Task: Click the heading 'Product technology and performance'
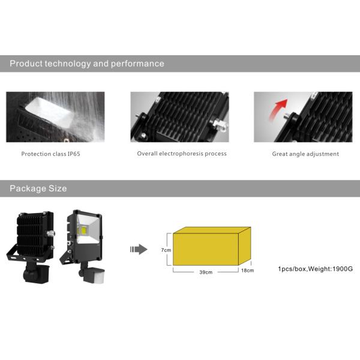click(87, 64)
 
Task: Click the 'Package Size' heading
click(38, 188)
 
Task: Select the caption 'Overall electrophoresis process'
click(182, 154)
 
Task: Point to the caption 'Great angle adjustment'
click(305, 154)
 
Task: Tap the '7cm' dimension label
click(166, 249)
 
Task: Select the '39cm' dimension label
click(205, 272)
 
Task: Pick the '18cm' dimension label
click(247, 271)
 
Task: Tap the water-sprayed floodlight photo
click(55, 117)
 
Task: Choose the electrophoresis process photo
click(179, 117)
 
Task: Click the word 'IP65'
click(82, 154)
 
